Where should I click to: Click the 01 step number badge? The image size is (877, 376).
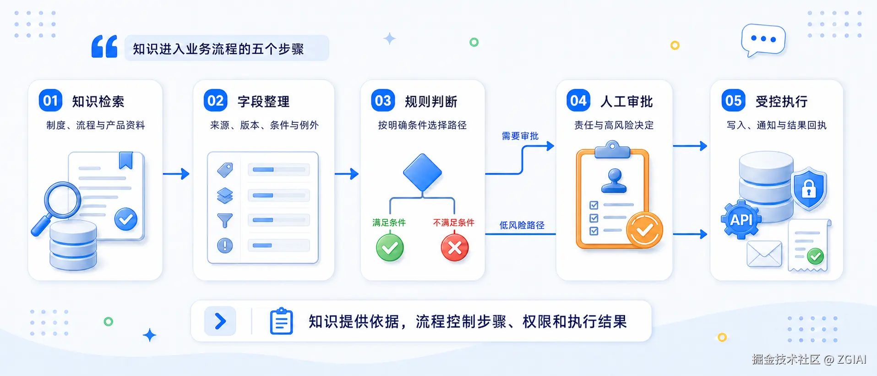point(50,101)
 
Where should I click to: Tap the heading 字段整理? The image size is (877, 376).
point(263,101)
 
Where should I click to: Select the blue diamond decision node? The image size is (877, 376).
point(422,173)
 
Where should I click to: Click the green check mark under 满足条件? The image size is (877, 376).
point(390,248)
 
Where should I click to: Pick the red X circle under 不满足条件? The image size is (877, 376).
point(455,248)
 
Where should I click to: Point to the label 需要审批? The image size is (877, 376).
point(520,136)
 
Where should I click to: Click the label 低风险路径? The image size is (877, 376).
point(522,225)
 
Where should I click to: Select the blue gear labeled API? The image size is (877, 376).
point(741,220)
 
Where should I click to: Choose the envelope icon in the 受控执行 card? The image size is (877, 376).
point(764,254)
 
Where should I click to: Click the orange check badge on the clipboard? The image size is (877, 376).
point(644,230)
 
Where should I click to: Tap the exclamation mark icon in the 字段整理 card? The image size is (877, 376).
point(225,245)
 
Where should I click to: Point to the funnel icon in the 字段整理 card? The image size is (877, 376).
point(225,221)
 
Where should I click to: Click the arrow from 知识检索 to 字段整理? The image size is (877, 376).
point(176,174)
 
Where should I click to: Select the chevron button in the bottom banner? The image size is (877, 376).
point(220,321)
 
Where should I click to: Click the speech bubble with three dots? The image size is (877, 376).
point(763,40)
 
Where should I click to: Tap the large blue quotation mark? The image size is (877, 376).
point(104,46)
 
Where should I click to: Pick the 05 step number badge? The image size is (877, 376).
point(733,101)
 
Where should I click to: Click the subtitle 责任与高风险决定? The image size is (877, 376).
point(614,125)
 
